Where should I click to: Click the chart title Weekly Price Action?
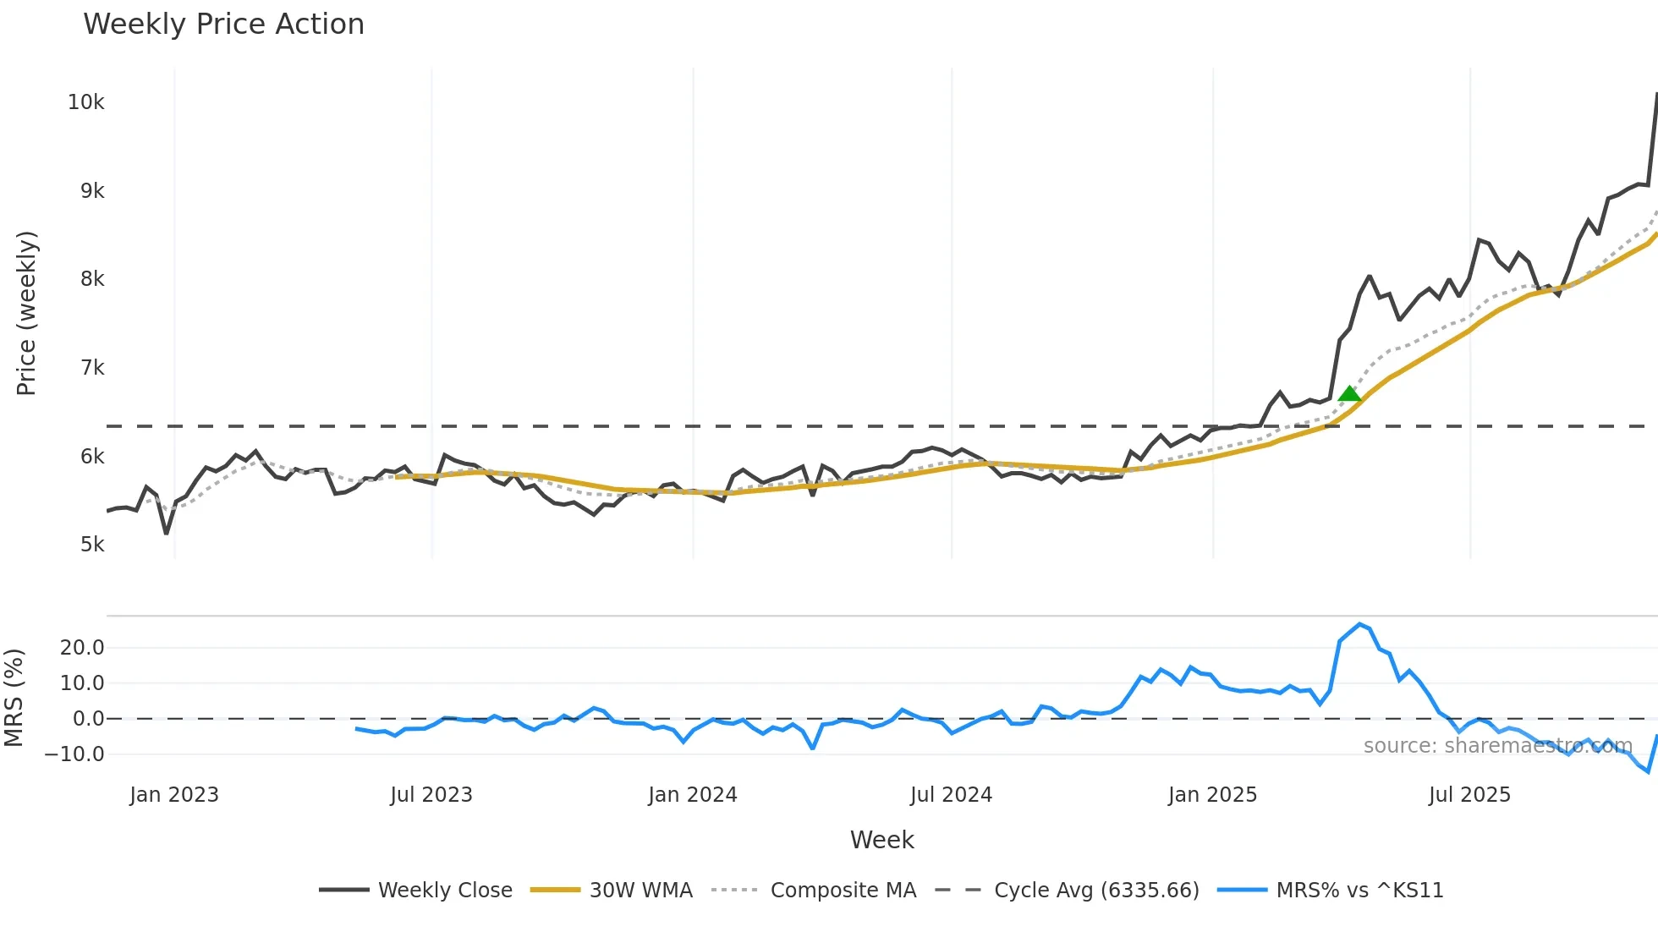(x=223, y=25)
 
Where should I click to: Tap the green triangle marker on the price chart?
(x=1349, y=394)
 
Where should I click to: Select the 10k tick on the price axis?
(x=86, y=102)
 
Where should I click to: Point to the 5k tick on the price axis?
(x=92, y=545)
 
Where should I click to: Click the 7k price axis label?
(x=92, y=368)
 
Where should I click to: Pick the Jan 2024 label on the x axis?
(x=693, y=795)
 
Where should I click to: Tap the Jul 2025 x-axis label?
(x=1469, y=795)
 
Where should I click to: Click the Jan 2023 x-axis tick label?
(x=174, y=795)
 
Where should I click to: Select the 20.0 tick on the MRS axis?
(x=82, y=648)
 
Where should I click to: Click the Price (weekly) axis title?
(x=26, y=313)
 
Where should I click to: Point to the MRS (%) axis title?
(x=14, y=698)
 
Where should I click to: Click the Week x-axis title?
(x=881, y=840)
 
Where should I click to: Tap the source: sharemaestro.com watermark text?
(x=1497, y=746)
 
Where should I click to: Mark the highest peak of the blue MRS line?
(x=1359, y=624)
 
